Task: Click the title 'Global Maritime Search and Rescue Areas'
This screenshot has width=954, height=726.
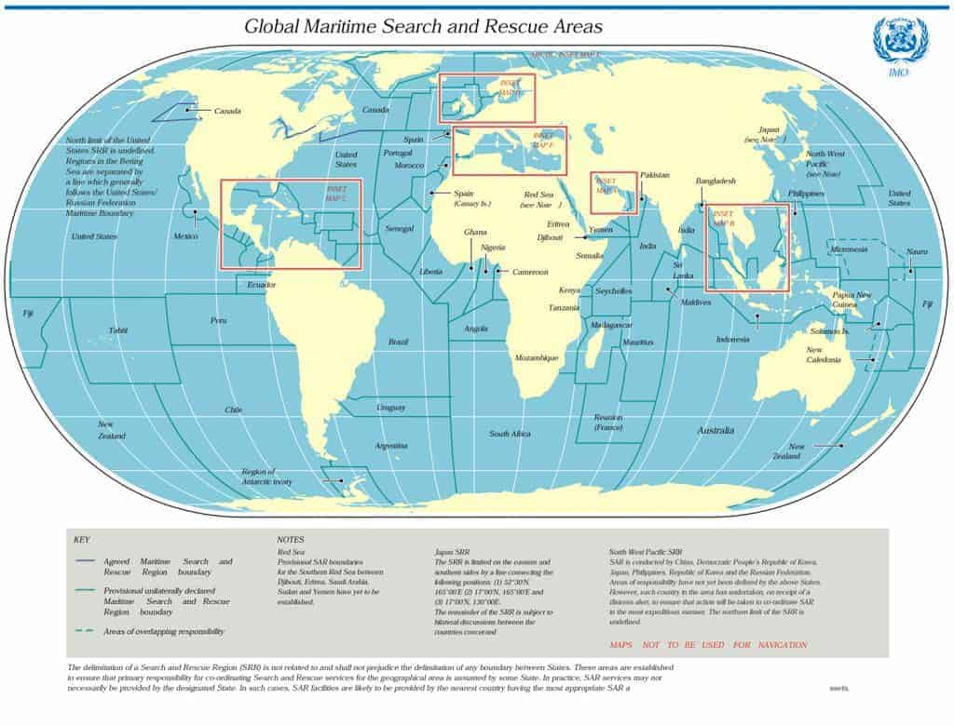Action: [x=423, y=26]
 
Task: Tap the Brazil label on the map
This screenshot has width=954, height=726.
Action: [x=398, y=343]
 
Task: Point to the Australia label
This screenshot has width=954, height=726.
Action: [x=715, y=431]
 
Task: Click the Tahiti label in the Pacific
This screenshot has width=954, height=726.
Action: [x=117, y=330]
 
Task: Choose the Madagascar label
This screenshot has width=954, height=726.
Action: [x=611, y=325]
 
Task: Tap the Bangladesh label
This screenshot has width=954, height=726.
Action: [x=715, y=181]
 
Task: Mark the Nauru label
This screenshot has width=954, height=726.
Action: [x=917, y=252]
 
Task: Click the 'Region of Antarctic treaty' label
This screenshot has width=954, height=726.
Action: [x=266, y=477]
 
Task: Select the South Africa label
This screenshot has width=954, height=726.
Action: [x=510, y=434]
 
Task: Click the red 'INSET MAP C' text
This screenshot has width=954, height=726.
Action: [x=336, y=193]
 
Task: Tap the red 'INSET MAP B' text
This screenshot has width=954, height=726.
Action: [x=724, y=219]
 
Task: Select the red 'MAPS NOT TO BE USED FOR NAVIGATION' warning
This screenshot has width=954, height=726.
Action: [x=708, y=645]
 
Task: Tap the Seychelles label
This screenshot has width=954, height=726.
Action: [x=613, y=291]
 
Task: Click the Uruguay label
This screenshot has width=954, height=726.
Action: [x=390, y=408]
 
